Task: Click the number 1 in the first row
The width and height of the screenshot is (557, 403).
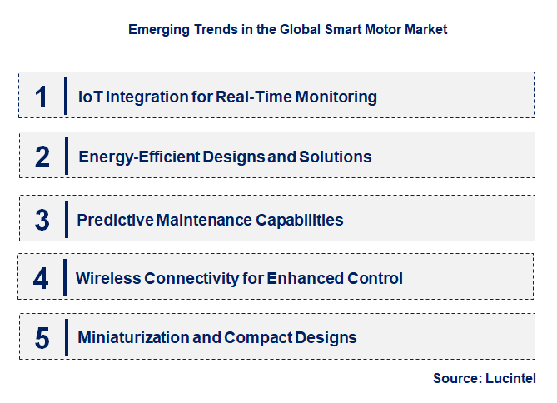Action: (41, 97)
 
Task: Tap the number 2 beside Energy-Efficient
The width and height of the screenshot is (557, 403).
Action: (42, 157)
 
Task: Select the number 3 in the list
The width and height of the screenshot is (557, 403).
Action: (42, 221)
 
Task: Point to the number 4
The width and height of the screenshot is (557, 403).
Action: (41, 278)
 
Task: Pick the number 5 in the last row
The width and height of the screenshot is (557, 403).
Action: (42, 338)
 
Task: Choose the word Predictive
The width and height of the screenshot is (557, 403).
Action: (112, 221)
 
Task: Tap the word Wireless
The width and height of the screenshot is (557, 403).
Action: (107, 278)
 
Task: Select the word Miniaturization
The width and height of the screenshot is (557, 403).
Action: (130, 338)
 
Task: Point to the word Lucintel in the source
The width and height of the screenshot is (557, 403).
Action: (510, 379)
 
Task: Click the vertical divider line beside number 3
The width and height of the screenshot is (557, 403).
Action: (66, 221)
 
